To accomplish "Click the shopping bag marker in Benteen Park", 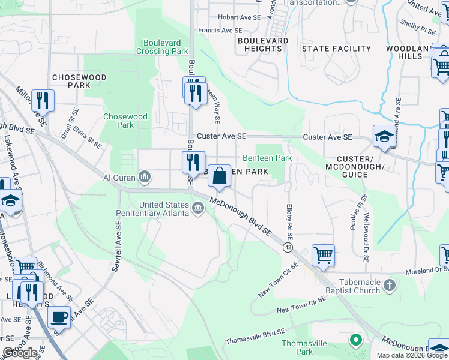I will [220, 176].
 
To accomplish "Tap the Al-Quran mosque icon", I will [145, 177].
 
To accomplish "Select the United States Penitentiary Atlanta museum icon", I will [198, 209].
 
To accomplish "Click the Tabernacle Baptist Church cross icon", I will [389, 286].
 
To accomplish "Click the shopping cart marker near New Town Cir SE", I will [323, 255].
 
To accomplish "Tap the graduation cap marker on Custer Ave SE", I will [384, 137].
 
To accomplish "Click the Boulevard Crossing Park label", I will [166, 47].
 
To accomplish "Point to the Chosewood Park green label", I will [125, 121].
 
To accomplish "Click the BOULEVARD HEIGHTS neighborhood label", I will [262, 44].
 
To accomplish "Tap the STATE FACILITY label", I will [336, 49].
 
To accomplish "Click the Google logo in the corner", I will [20, 353].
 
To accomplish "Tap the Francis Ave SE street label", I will [221, 30].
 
